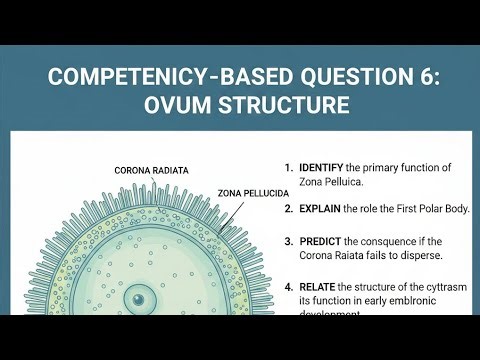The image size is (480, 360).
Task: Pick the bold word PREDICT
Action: pos(323,241)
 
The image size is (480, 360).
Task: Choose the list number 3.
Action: pos(288,241)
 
